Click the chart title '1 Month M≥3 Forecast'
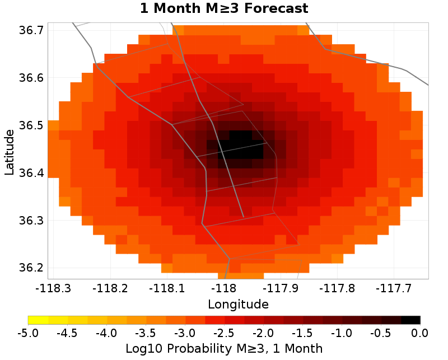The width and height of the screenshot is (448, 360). point(223,8)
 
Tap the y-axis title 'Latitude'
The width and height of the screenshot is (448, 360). point(10,152)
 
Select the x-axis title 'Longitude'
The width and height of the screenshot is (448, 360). point(238,305)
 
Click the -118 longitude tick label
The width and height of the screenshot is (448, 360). point(224,289)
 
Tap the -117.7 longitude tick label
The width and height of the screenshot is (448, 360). point(395,289)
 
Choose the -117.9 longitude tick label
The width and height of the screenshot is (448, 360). point(281,289)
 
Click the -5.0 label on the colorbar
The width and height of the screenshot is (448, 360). point(28,334)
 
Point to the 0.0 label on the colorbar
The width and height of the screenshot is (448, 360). point(420,334)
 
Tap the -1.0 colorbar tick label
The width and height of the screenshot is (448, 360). point(342,334)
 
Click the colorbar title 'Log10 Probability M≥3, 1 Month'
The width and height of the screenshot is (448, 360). point(224,348)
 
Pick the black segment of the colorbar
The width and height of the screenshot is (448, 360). point(410,320)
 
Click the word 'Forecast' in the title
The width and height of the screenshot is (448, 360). point(274,8)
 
